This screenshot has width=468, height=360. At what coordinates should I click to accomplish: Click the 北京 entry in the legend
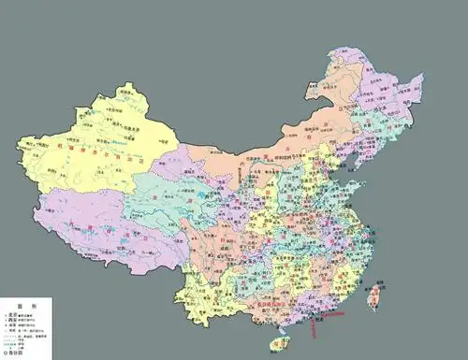coord(13,314)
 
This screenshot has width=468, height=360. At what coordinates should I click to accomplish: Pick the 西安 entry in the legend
coord(13,321)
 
